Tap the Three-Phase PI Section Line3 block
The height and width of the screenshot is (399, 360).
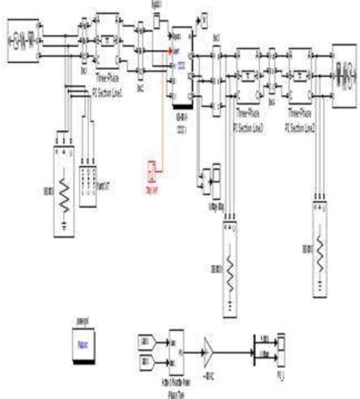tap(249, 77)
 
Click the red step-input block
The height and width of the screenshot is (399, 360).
tap(150, 172)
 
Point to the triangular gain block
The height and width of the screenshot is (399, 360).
tap(207, 350)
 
